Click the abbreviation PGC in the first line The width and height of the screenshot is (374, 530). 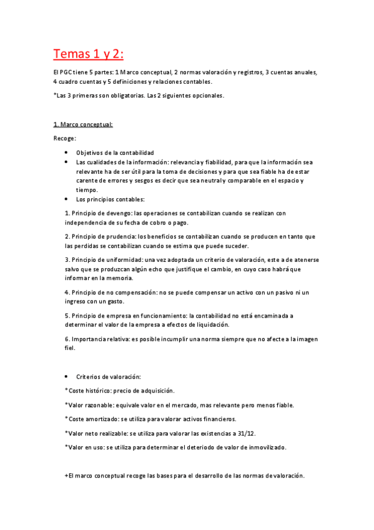[x=67, y=72]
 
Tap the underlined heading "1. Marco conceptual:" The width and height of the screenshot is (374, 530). [x=82, y=124]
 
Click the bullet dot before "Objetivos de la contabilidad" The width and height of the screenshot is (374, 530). [x=67, y=152]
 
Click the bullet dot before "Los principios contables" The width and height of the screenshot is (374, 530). [x=67, y=199]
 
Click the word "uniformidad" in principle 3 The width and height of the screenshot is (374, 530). [x=123, y=259]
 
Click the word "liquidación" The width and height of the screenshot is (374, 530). [x=212, y=325]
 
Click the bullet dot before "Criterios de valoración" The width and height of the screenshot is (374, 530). [x=67, y=377]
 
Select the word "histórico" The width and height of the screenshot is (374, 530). [x=99, y=391]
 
